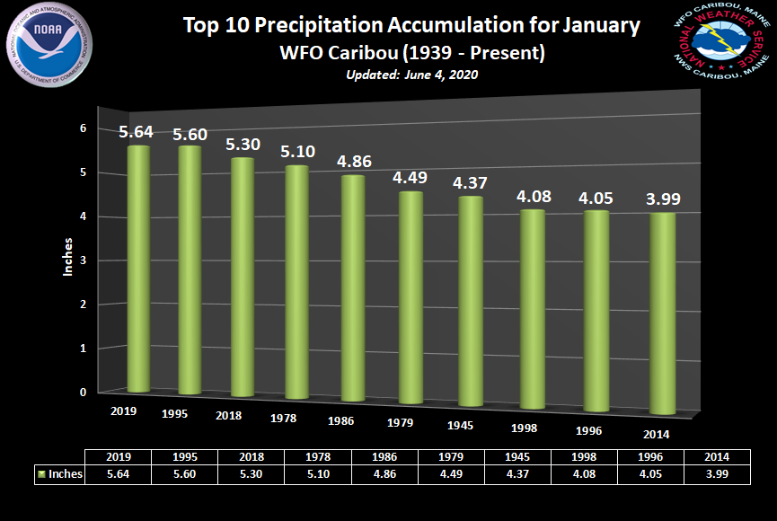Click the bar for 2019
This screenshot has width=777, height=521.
pyautogui.click(x=138, y=269)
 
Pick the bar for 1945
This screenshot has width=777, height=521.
pyautogui.click(x=471, y=301)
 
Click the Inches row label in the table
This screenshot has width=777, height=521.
pyautogui.click(x=61, y=474)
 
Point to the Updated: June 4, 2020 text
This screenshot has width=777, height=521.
pyautogui.click(x=411, y=75)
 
